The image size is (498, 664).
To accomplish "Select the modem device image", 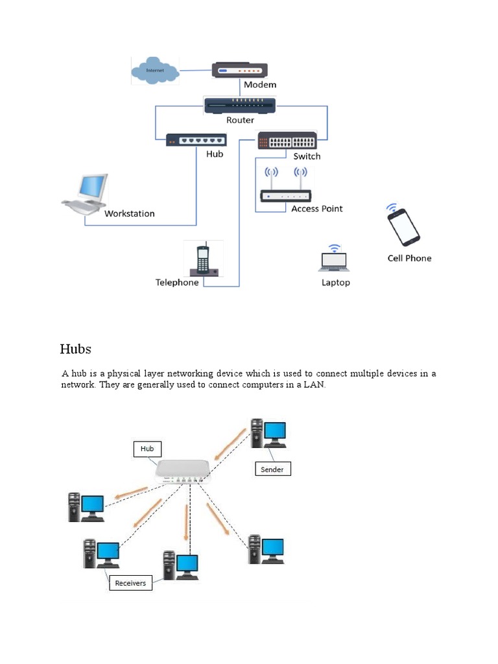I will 239,70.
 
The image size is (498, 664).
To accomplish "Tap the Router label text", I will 240,120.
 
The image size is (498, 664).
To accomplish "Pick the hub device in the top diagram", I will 196,140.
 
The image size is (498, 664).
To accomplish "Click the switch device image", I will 287,141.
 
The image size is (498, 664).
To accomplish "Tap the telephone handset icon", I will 203,259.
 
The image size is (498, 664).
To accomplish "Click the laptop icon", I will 334,259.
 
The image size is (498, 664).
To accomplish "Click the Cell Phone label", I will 409,258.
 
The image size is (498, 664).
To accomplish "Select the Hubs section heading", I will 76,349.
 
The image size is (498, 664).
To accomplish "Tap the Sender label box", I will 272,469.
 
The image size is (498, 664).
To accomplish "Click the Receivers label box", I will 130,583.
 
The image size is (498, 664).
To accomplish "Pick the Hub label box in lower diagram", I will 147,448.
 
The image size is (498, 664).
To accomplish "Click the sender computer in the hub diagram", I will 268,433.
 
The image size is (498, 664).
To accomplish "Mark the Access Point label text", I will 316,209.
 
